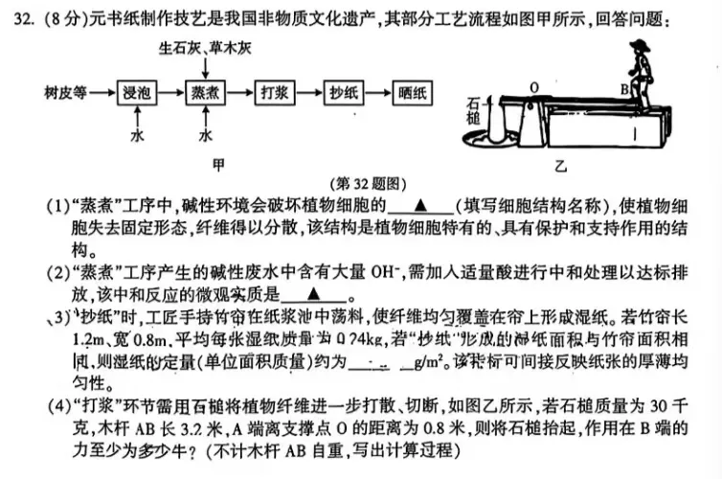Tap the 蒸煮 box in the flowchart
206,93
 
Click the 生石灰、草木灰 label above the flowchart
203,46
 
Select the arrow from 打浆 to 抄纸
310,93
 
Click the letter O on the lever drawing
533,85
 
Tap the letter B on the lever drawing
623,89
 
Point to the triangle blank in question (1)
419,204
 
